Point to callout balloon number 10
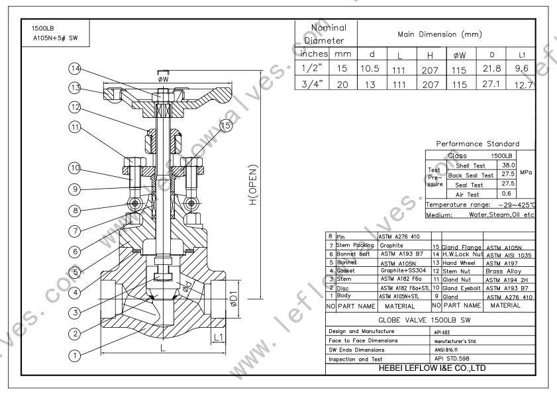(77, 168)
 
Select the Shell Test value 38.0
(507, 166)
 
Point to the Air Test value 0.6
(507, 193)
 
